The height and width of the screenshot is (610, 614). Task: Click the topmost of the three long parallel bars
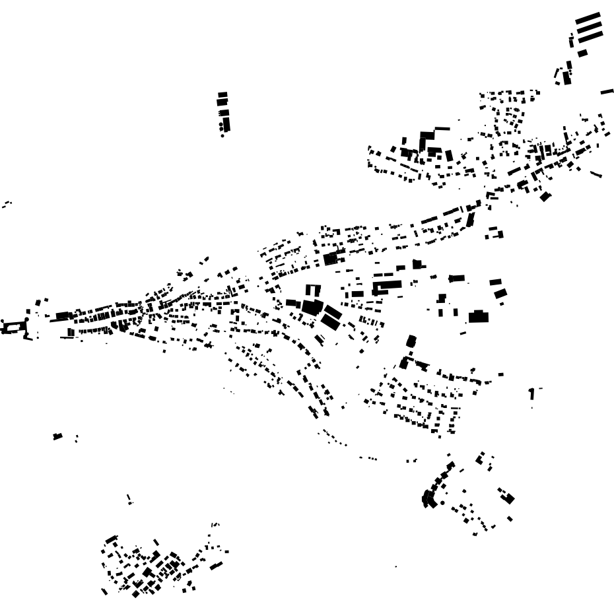pyautogui.click(x=588, y=18)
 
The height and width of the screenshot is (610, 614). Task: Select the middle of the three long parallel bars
pyautogui.click(x=589, y=28)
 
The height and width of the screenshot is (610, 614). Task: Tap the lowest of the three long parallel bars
pyautogui.click(x=590, y=38)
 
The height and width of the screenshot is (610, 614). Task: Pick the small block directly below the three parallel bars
pyautogui.click(x=582, y=53)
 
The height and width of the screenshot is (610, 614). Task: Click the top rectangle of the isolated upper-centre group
pyautogui.click(x=222, y=95)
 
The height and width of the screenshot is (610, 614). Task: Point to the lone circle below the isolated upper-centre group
pyautogui.click(x=222, y=135)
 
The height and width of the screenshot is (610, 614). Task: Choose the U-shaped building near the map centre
pyautogui.click(x=312, y=290)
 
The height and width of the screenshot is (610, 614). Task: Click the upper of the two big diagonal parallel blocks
pyautogui.click(x=333, y=312)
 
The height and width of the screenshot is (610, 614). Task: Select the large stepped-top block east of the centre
pyautogui.click(x=477, y=316)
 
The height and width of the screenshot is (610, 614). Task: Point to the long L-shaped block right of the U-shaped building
pyautogui.click(x=387, y=286)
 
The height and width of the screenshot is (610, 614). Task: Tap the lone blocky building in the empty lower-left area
pyautogui.click(x=57, y=436)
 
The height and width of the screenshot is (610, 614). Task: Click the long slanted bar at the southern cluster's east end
pyautogui.click(x=216, y=565)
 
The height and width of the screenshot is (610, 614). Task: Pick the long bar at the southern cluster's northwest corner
pyautogui.click(x=111, y=539)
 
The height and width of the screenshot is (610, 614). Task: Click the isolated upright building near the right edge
pyautogui.click(x=531, y=394)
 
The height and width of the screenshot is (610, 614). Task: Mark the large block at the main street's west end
pyautogui.click(x=63, y=316)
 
